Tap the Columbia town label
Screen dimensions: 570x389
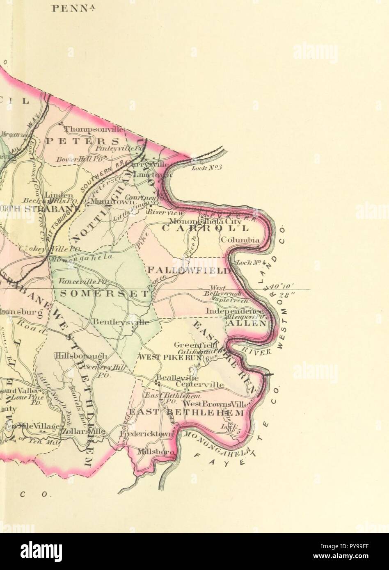pyautogui.click(x=240, y=240)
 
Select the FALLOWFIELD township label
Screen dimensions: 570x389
pyautogui.click(x=189, y=271)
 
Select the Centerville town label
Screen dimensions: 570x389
pyautogui.click(x=200, y=385)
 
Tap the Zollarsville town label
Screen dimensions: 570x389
pyautogui.click(x=83, y=432)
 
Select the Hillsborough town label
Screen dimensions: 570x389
pyautogui.click(x=82, y=356)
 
